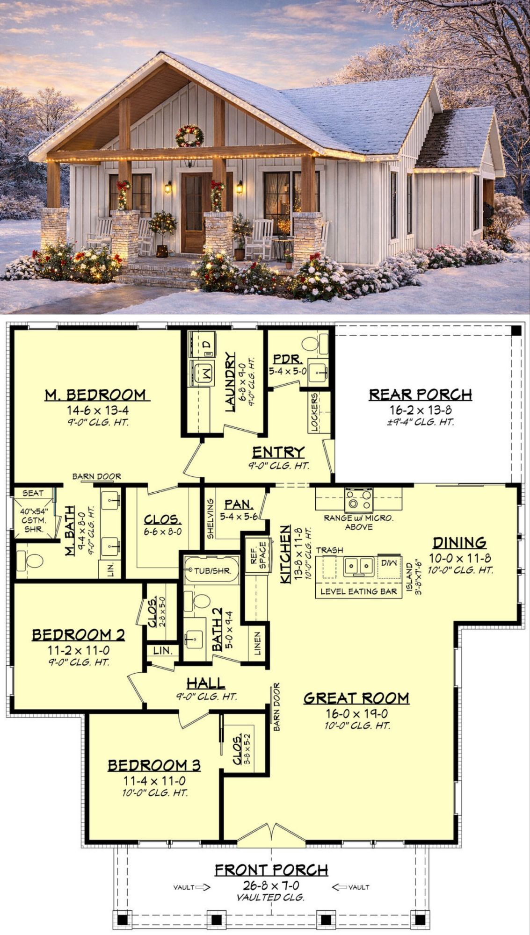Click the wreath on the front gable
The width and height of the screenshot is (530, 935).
click(x=189, y=136)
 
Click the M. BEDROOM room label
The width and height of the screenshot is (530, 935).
click(x=95, y=395)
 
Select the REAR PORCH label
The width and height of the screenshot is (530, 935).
click(x=421, y=395)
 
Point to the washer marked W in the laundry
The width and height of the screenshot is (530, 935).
click(x=202, y=373)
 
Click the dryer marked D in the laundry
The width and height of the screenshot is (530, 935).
click(x=202, y=345)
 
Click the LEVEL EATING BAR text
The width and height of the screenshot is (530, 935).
click(x=358, y=591)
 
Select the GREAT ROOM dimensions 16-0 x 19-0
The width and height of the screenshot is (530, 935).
click(x=356, y=714)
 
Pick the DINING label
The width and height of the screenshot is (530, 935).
click(x=459, y=543)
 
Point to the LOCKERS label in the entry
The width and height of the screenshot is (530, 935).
click(x=314, y=412)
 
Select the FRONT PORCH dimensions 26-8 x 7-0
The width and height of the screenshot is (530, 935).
click(x=271, y=885)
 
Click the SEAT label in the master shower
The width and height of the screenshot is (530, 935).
click(x=33, y=493)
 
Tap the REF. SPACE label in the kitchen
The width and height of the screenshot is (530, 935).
click(x=258, y=555)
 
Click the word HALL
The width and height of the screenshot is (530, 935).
click(x=206, y=683)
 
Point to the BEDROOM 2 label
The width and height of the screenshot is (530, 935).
click(x=78, y=635)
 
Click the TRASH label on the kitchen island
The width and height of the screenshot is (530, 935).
click(x=329, y=550)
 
